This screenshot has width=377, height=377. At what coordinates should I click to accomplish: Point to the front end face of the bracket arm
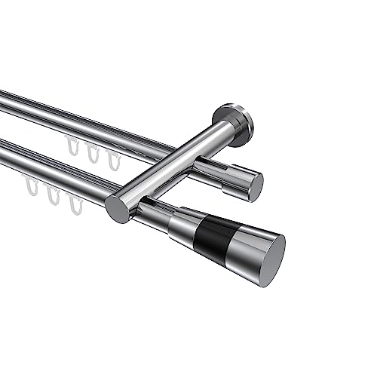pos(118,209)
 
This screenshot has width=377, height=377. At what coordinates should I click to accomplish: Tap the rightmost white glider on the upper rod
pos(112,161)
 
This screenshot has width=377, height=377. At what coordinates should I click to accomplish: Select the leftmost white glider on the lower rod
pos(32,189)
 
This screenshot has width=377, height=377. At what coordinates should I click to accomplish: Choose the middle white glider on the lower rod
pos(53,197)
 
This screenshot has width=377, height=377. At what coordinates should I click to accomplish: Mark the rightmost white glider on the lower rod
pos(74,204)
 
